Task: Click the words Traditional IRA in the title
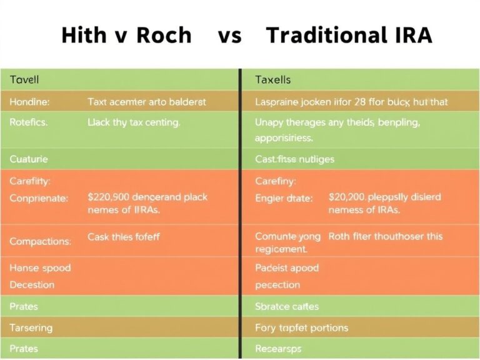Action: (x=349, y=35)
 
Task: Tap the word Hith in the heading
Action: (x=82, y=35)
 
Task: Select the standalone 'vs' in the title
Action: (x=229, y=35)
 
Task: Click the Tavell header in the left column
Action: (x=24, y=80)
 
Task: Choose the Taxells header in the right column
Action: (x=273, y=80)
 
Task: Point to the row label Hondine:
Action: (x=30, y=101)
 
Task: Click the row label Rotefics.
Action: (x=29, y=123)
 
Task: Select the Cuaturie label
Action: (x=29, y=159)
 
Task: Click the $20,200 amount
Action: (x=349, y=197)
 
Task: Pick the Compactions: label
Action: (x=40, y=241)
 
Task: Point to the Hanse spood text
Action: (x=40, y=267)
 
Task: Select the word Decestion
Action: (x=32, y=284)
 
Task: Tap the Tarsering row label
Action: (x=31, y=327)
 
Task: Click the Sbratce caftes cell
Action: (x=287, y=306)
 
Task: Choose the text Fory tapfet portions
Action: (x=302, y=327)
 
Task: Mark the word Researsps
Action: (x=278, y=349)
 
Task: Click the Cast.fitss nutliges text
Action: (x=294, y=159)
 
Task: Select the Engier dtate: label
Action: (x=283, y=197)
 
